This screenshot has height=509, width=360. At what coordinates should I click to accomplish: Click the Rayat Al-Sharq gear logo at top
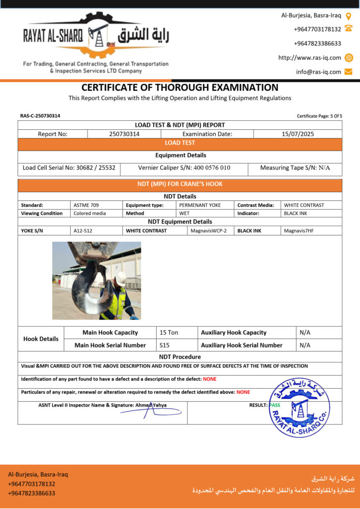pyautogui.click(x=97, y=35)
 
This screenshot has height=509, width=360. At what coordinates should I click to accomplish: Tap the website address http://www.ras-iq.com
pyautogui.click(x=310, y=58)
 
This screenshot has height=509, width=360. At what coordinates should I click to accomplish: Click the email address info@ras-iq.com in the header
pyautogui.click(x=319, y=72)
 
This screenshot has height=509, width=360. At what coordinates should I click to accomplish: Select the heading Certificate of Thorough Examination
pyautogui.click(x=180, y=87)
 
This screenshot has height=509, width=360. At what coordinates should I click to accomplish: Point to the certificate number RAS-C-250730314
pyautogui.click(x=40, y=116)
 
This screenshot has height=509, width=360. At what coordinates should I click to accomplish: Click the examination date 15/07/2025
pyautogui.click(x=297, y=134)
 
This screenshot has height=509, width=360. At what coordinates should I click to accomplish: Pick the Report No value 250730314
pyautogui.click(x=124, y=134)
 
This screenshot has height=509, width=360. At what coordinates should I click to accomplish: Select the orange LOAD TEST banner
pyautogui.click(x=180, y=143)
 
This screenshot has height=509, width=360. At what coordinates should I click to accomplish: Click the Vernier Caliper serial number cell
pyautogui.click(x=184, y=168)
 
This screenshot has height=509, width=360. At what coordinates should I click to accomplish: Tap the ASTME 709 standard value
pyautogui.click(x=86, y=205)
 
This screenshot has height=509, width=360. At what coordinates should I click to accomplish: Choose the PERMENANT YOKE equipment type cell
pyautogui.click(x=200, y=205)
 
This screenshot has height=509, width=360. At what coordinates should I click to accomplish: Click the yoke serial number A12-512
pyautogui.click(x=83, y=231)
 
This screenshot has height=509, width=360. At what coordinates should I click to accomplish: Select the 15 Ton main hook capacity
pyautogui.click(x=169, y=333)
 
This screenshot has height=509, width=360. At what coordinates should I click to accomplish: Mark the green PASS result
pyautogui.click(x=274, y=405)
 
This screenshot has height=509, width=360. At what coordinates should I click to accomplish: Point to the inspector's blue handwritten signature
pyautogui.click(x=154, y=412)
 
